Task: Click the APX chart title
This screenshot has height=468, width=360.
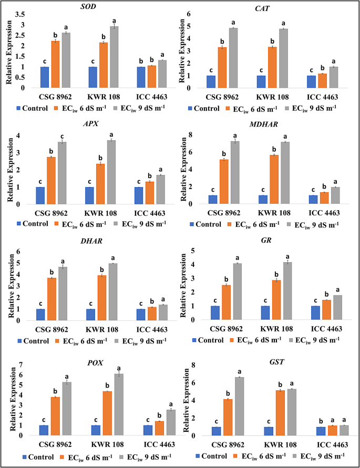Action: tap(96, 124)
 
